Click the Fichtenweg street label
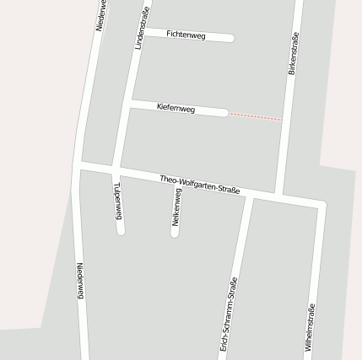pyautogui.click(x=186, y=35)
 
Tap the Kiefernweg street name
pyautogui.click(x=176, y=108)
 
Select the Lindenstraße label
pyautogui.click(x=141, y=28)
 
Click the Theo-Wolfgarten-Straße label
pyautogui.click(x=200, y=184)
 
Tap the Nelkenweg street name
pyautogui.click(x=176, y=207)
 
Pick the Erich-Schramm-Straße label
pyautogui.click(x=229, y=313)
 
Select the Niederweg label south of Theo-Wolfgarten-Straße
pyautogui.click(x=81, y=280)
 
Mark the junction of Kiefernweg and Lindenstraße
pyautogui.click(x=131, y=103)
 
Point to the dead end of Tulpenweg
pyautogui.click(x=122, y=229)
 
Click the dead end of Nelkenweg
pyautogui.click(x=175, y=232)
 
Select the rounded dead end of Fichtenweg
pyautogui.click(x=230, y=38)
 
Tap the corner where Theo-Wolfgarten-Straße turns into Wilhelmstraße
pyautogui.click(x=321, y=204)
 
